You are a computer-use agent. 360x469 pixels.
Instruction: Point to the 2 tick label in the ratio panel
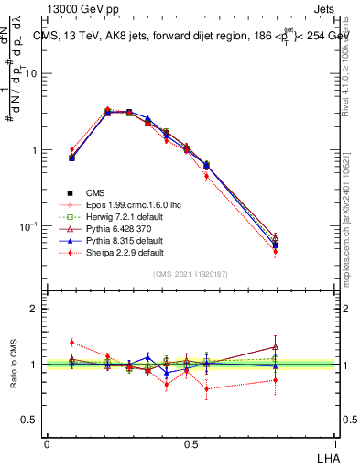click(x=34, y=309)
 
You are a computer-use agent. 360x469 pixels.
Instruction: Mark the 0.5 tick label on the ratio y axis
click(x=29, y=420)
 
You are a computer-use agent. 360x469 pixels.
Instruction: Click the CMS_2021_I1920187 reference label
click(x=190, y=274)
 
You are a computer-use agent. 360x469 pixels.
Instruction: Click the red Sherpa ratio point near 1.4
click(x=72, y=343)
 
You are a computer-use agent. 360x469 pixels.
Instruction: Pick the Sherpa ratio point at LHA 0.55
click(x=207, y=389)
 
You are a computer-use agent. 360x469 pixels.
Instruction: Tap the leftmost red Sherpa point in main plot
click(x=72, y=149)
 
